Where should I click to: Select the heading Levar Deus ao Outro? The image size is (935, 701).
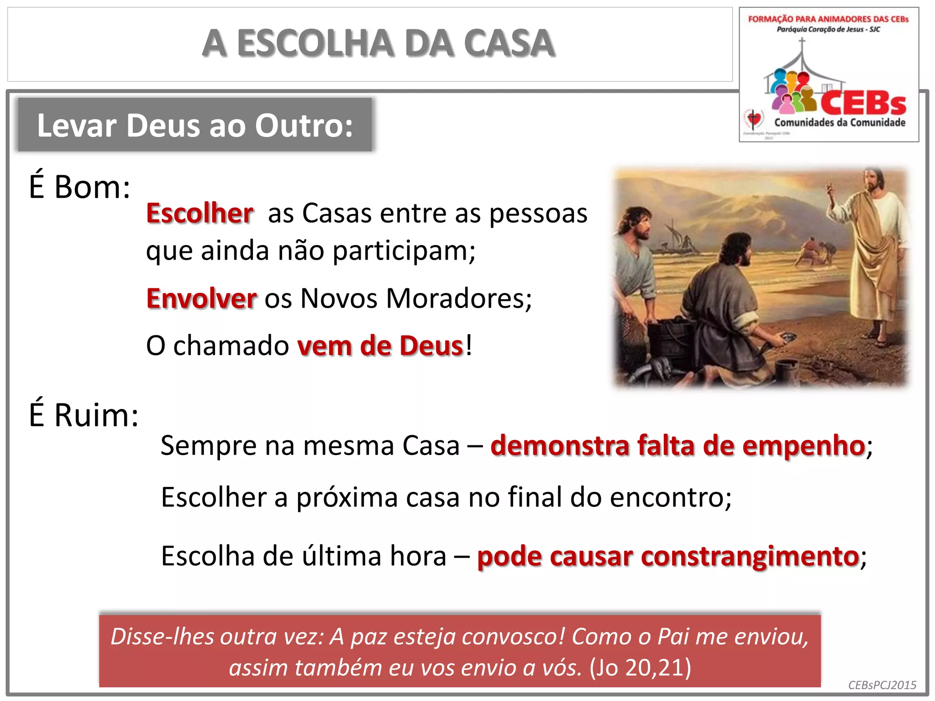[195, 125]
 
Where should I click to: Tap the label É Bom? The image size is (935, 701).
[79, 187]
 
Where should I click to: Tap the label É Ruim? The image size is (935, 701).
[84, 415]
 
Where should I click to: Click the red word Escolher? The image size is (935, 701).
[200, 213]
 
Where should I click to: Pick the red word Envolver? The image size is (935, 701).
[201, 298]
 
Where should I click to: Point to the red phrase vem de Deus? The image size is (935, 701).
[380, 346]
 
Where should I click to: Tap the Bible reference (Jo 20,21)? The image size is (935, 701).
[640, 667]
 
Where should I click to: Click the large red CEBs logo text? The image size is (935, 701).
[863, 103]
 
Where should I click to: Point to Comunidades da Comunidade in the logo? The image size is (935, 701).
[840, 122]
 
